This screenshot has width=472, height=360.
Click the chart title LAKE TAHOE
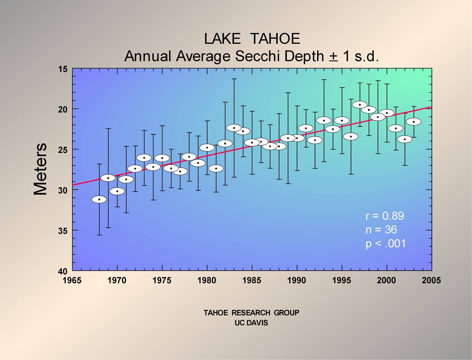(252, 39)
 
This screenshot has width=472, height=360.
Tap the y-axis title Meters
(40, 169)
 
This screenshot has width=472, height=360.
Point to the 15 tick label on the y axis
(63, 69)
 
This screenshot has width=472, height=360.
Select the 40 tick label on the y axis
(63, 272)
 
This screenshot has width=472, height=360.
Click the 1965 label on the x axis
(72, 281)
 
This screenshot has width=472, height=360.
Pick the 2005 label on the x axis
(432, 281)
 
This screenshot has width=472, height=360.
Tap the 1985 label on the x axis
(252, 281)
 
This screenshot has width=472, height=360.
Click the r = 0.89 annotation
(385, 216)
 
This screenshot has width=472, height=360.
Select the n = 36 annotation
(381, 230)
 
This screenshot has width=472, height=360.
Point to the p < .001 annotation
(386, 243)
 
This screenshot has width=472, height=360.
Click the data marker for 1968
(99, 199)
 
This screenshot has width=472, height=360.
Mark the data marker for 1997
(360, 105)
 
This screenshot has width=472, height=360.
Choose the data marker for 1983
(234, 128)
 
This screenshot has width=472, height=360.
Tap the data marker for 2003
(414, 122)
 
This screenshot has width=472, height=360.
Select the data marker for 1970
(117, 191)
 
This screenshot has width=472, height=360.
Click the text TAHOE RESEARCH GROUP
(251, 313)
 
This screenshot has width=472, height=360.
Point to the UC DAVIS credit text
(251, 323)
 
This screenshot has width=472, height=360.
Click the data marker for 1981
(216, 168)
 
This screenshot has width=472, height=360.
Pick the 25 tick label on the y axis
(63, 149)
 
